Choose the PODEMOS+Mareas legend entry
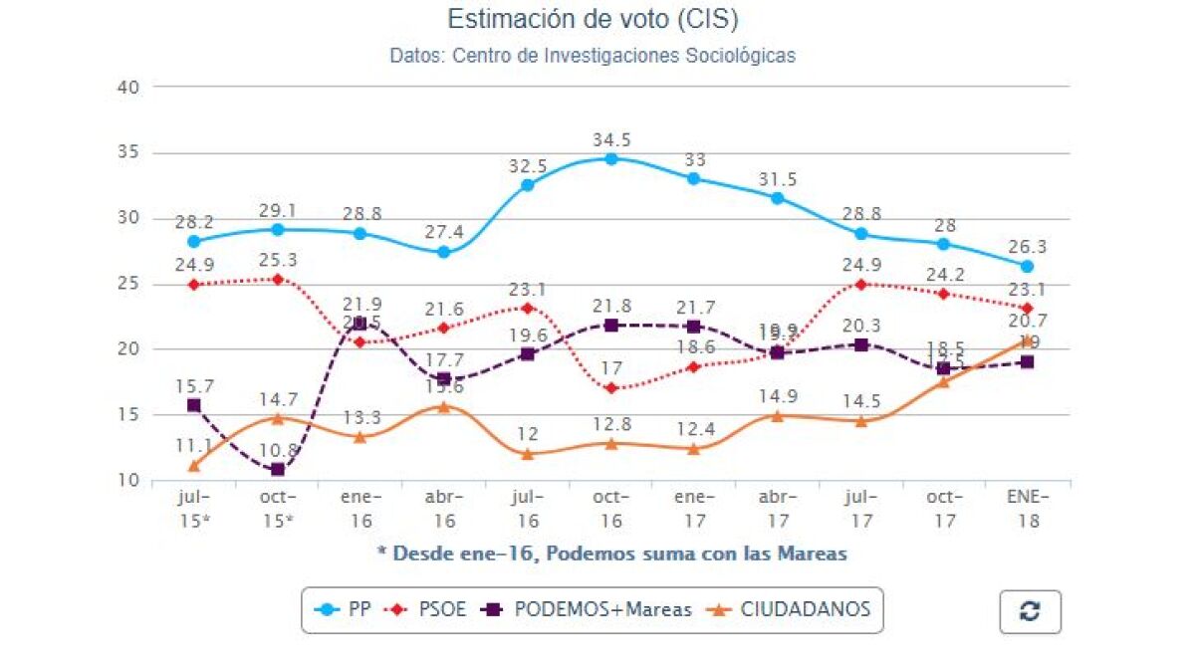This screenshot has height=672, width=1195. coord(589,610)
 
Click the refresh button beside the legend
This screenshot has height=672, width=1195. coord(1030,611)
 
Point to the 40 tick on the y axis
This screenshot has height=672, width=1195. coord(129,88)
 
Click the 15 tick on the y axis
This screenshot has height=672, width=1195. coord(129,415)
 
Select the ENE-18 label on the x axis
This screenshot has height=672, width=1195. coord(1027,508)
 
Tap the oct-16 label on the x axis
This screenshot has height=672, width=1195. coord(610,508)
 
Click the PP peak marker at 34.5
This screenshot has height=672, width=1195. coord(611,158)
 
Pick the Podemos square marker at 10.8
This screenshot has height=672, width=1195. coord(278,469)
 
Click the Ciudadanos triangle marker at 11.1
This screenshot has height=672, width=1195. coord(194,465)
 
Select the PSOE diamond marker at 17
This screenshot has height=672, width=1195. coord(611,388)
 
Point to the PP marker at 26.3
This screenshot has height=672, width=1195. coord(1027,266)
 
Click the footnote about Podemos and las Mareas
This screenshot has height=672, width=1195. coord(611,554)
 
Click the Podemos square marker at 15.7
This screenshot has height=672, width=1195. coord(194,405)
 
